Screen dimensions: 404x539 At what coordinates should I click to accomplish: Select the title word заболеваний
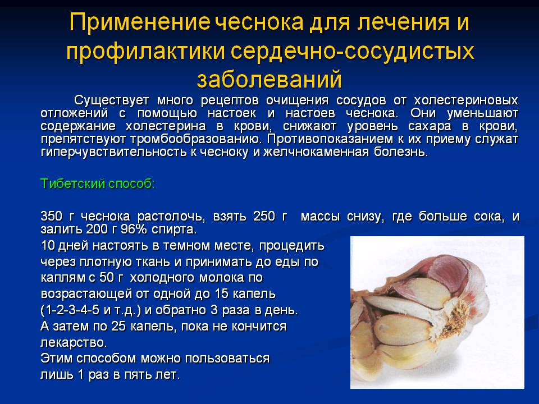pos(269,78)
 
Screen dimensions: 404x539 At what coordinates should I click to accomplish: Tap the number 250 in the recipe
pos(264,217)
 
